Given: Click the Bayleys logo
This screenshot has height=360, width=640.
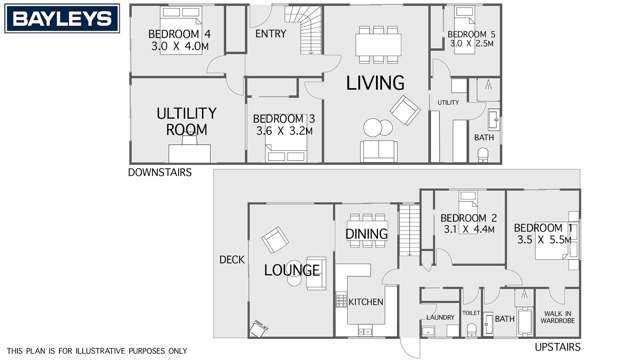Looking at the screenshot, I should click(x=48, y=18).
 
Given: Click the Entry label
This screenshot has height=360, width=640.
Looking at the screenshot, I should click(x=271, y=33).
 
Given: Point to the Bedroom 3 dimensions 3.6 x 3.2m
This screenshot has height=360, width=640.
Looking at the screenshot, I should click(x=284, y=131).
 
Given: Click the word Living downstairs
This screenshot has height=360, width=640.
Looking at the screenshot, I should click(x=375, y=83).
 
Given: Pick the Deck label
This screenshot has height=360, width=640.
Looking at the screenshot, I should click(x=231, y=260).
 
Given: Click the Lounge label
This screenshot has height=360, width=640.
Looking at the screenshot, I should click(x=292, y=270).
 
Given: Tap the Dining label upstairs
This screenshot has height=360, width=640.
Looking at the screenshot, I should click(x=366, y=234).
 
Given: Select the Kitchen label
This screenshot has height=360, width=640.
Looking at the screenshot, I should click(x=365, y=301).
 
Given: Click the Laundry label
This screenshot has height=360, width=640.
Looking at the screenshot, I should click(x=440, y=318).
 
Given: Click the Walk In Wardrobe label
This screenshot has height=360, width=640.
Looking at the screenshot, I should click(x=556, y=318).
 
